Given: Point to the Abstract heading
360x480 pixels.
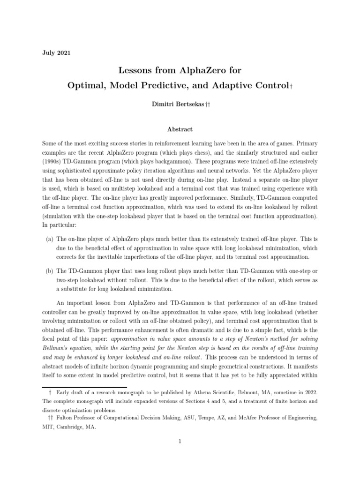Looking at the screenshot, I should [x=180, y=129].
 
